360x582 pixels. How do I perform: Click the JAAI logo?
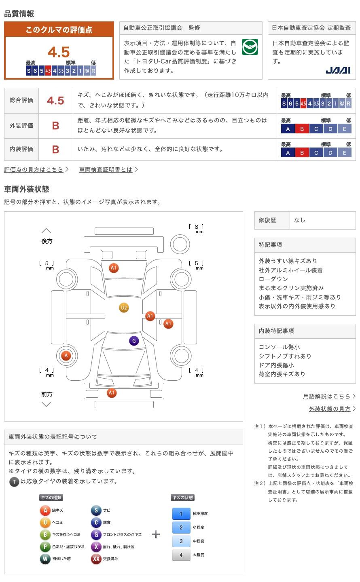[338, 70]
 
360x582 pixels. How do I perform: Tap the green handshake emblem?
[250, 47]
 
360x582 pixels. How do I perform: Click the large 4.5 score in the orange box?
[59, 52]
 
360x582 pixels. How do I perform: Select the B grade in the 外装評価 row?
[55, 126]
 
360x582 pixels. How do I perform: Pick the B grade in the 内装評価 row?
[55, 150]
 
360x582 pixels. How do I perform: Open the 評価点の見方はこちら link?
[34, 170]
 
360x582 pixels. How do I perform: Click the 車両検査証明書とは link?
[106, 170]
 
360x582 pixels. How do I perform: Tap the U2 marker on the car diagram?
[124, 308]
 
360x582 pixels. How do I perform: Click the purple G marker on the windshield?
[134, 341]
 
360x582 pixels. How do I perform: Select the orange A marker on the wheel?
[66, 356]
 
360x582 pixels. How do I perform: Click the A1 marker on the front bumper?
[112, 392]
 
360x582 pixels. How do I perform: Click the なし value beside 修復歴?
[300, 220]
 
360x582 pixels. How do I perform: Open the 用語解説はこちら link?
[326, 396]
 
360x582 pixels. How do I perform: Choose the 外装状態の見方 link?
[330, 409]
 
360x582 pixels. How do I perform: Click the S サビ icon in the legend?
[96, 510]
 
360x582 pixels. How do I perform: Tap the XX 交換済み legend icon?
[96, 559]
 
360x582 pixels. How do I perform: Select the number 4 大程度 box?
[181, 555]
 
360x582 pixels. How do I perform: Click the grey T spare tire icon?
[14, 482]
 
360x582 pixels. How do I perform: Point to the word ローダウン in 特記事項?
[273, 279]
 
